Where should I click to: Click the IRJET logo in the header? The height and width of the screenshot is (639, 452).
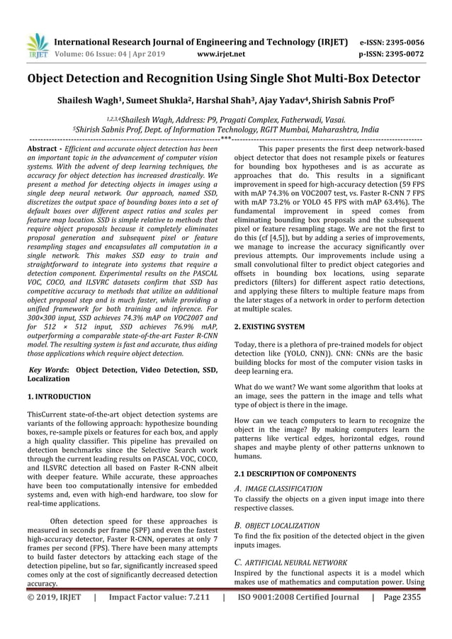pyautogui.click(x=37, y=46)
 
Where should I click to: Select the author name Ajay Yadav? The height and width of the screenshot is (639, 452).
pyautogui.click(x=281, y=101)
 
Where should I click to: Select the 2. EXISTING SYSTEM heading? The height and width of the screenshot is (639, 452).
pyautogui.click(x=269, y=327)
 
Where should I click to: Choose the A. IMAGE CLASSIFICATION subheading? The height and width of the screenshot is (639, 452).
pyautogui.click(x=278, y=489)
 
